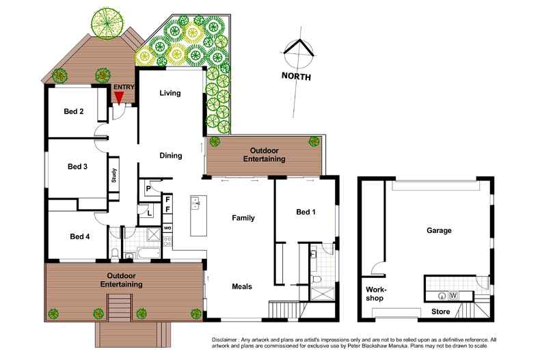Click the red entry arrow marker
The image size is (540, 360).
coord(119,98)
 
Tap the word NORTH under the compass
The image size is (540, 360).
coord(296,77)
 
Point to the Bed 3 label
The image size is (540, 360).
coord(77,166)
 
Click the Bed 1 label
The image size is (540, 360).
coord(305,212)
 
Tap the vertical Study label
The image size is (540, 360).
coord(114,176)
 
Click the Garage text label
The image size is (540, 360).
coord(439,231)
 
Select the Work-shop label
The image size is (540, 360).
coord(374,294)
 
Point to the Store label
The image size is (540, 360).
coord(441,312)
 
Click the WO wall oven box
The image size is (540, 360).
coord(167,227)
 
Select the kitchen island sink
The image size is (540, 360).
coord(195,202)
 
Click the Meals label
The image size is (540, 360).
coord(242,286)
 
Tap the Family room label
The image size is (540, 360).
coord(243,219)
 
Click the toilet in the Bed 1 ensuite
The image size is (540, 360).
coord(316,280)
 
